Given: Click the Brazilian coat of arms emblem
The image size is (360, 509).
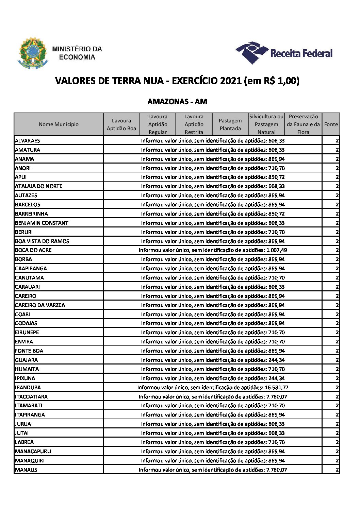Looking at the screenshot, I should pyautogui.click(x=33, y=53).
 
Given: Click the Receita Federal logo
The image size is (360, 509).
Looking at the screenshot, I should pyautogui.click(x=284, y=53).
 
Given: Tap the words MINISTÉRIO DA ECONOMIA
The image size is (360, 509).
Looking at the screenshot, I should pyautogui.click(x=77, y=53).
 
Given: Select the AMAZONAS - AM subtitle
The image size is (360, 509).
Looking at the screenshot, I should pyautogui.click(x=177, y=101).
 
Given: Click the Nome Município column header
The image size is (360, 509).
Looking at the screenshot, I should pyautogui.click(x=59, y=124).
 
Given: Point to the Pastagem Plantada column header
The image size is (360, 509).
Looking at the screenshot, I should pyautogui.click(x=230, y=124).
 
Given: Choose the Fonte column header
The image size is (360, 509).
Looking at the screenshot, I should pyautogui.click(x=331, y=124).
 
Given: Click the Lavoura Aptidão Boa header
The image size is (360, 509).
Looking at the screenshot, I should pyautogui.click(x=121, y=124).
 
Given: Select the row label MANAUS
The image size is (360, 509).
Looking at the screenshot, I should pyautogui.click(x=26, y=470).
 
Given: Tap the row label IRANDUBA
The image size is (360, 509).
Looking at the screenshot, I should pyautogui.click(x=28, y=387).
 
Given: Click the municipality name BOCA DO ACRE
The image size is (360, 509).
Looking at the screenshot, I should pyautogui.click(x=33, y=250).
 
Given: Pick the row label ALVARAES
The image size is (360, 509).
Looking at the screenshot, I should pyautogui.click(x=27, y=140).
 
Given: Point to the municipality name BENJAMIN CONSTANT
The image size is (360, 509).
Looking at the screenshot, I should pyautogui.click(x=42, y=223).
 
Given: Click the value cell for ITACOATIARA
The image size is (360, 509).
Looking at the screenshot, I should pyautogui.click(x=213, y=396).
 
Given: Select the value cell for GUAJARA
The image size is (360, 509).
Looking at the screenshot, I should pyautogui.click(x=213, y=360).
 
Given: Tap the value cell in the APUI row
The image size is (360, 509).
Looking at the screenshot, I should pyautogui.click(x=213, y=177).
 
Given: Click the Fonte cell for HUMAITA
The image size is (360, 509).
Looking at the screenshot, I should pyautogui.click(x=337, y=369).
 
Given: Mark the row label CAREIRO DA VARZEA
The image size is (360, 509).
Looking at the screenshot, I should pyautogui.click(x=40, y=305).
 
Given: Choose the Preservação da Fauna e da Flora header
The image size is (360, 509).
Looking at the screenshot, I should pyautogui.click(x=303, y=124).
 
